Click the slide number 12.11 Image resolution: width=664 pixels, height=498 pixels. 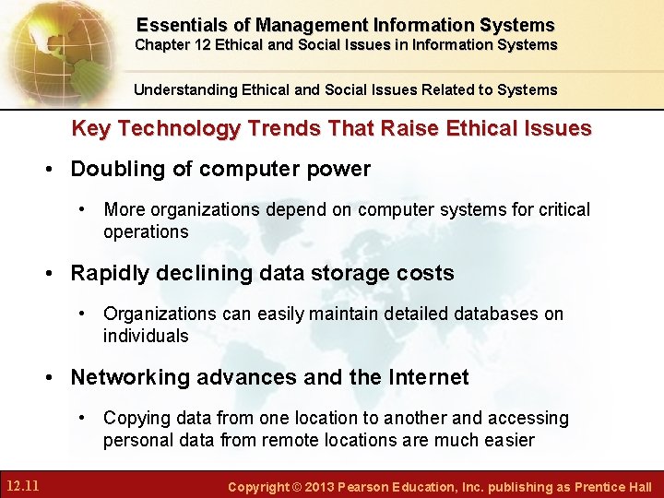coord(21,485)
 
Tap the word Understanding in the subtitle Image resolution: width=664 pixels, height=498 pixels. coord(186,89)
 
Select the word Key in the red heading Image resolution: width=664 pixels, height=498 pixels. coord(89,129)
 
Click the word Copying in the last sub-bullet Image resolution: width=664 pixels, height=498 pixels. coord(137,418)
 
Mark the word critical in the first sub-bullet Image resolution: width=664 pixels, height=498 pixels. coord(562,209)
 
